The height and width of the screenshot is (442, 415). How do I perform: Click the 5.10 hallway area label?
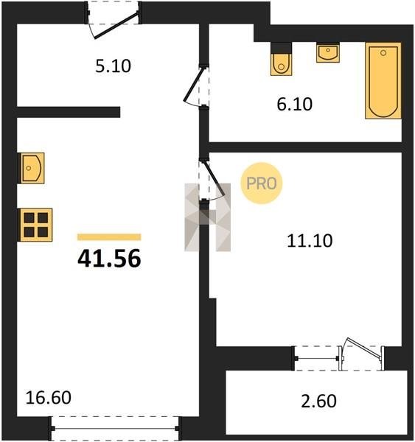113,66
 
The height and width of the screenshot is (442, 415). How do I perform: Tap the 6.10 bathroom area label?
295,105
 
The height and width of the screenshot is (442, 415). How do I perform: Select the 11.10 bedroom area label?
310,241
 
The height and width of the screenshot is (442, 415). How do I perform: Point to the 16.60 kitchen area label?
48,398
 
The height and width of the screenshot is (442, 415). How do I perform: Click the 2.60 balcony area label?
318,401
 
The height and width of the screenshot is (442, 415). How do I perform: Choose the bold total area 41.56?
109,259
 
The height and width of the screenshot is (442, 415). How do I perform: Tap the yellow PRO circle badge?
262,183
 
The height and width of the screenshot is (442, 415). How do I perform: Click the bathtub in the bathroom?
383,80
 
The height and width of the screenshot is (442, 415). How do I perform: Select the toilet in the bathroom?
282,59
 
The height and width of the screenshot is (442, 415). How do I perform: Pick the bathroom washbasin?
328,52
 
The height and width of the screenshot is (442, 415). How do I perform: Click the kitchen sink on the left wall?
31,168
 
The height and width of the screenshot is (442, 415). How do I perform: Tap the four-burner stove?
35,225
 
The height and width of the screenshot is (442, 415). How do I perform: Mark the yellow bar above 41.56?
109,237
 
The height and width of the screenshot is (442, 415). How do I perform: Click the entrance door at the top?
116,25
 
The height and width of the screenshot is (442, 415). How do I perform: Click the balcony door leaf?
364,348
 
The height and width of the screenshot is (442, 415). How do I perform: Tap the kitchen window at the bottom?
114,429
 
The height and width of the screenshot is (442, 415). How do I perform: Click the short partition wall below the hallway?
69,112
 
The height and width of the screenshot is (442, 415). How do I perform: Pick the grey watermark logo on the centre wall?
207,217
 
